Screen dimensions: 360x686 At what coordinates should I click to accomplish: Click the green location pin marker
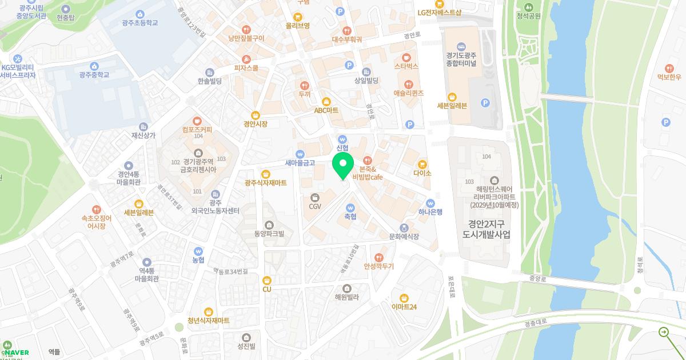(342, 166)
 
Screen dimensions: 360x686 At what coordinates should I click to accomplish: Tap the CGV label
(315, 206)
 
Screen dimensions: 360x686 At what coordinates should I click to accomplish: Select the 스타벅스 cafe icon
(406, 57)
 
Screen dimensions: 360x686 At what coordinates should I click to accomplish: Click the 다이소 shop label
(422, 173)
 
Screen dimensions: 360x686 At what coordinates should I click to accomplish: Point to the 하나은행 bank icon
(430, 203)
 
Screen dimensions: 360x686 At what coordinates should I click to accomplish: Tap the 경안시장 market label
(255, 123)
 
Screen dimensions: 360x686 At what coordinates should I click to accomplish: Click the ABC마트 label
(326, 110)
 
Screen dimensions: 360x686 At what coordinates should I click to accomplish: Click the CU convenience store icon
(267, 280)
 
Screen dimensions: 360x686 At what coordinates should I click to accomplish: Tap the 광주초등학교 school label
(140, 23)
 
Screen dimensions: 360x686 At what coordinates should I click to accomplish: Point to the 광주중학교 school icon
(94, 66)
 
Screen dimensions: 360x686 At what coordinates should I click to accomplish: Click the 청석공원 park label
(528, 15)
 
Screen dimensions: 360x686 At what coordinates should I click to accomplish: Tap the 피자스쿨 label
(246, 68)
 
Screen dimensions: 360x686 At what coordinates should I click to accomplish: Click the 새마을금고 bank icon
(300, 154)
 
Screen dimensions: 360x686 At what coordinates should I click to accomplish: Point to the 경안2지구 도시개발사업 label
(486, 230)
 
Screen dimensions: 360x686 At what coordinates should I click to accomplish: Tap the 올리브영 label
(298, 26)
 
